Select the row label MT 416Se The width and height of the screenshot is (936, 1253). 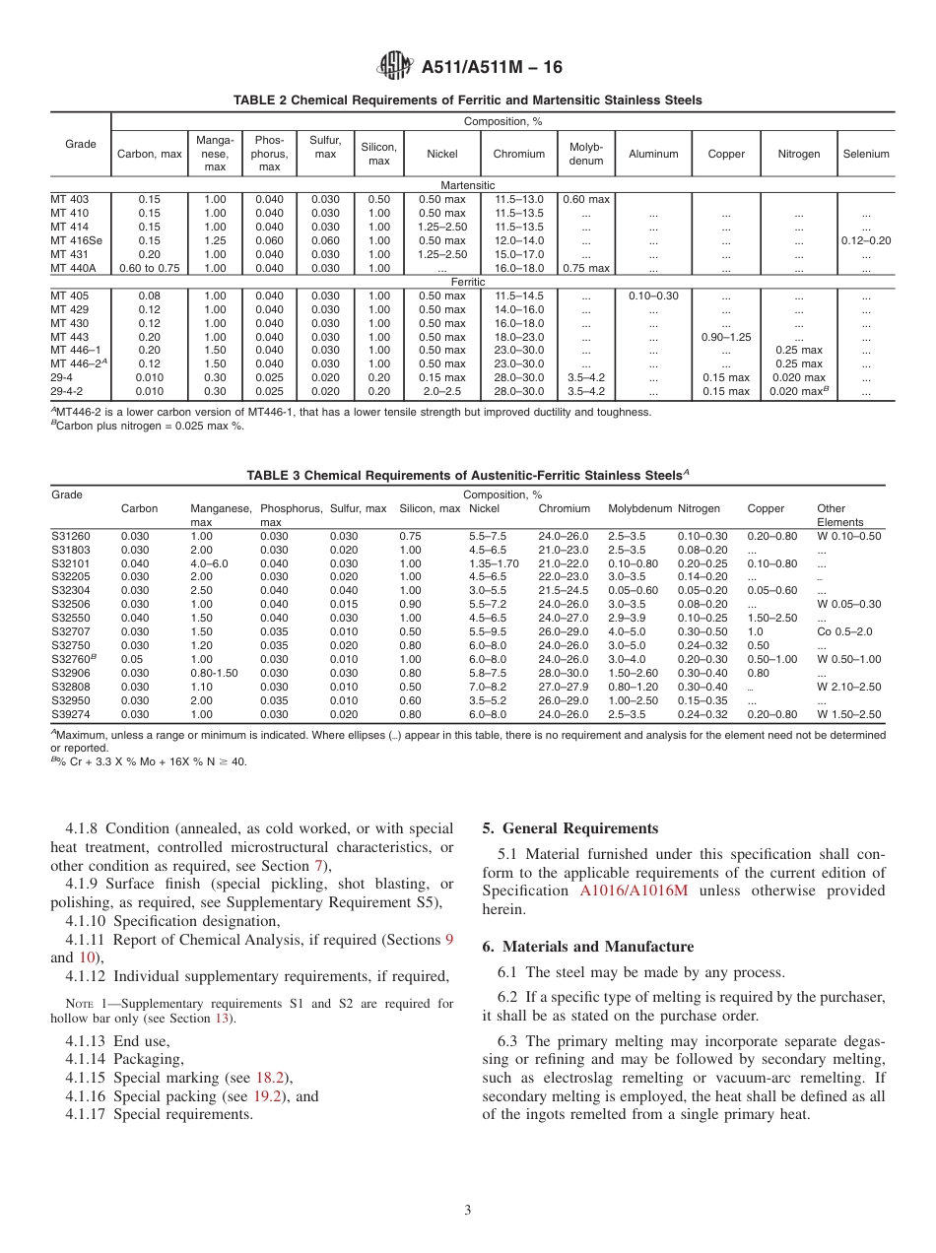tap(76, 240)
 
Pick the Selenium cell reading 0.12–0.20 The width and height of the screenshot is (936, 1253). tap(865, 240)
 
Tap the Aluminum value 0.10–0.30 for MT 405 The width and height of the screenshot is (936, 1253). tap(653, 296)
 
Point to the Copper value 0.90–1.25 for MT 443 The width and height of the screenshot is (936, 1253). tap(725, 337)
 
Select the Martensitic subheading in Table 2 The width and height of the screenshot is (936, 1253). tap(468, 185)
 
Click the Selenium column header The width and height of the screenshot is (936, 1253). tap(865, 154)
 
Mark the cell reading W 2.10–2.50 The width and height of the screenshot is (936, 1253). tap(848, 687)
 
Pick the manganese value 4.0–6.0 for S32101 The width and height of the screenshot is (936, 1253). tap(209, 563)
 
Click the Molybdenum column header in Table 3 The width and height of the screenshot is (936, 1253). tap(639, 509)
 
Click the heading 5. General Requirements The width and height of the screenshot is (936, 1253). tap(569, 828)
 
